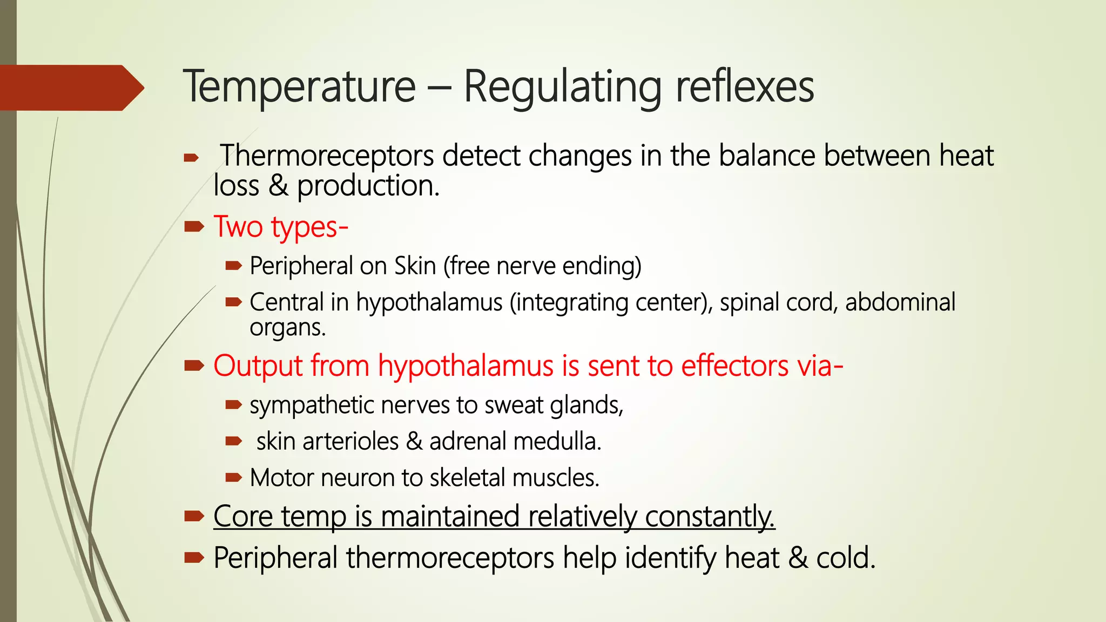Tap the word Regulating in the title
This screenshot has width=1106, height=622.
[562, 87]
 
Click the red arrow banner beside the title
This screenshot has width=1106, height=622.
[70, 87]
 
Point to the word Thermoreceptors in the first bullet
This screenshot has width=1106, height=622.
[327, 156]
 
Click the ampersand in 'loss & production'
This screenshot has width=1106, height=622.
[278, 186]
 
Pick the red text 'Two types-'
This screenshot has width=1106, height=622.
[281, 227]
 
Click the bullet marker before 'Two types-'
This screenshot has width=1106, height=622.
[193, 227]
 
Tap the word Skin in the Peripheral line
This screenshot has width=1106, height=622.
[415, 266]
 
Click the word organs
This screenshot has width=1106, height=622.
[287, 327]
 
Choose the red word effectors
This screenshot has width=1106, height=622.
[734, 366]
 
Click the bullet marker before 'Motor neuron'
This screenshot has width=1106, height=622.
[233, 477]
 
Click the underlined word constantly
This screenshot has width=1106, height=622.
[710, 516]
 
